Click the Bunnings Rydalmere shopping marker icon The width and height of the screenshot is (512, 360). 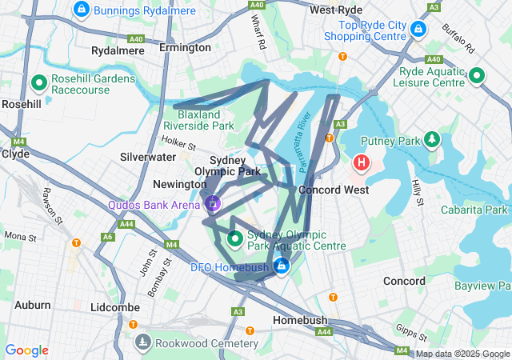click(x=81, y=10)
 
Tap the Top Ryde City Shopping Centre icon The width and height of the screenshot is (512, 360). click(x=417, y=30)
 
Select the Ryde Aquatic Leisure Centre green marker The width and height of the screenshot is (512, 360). click(x=477, y=76)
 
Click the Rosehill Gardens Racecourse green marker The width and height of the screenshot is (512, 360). click(x=38, y=82)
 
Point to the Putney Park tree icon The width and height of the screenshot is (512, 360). click(x=433, y=140)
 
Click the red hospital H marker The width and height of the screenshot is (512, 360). click(x=362, y=163)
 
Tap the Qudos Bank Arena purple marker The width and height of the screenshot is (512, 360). click(x=213, y=203)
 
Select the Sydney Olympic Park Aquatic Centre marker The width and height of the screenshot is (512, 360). click(x=235, y=238)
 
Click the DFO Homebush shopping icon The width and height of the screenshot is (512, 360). click(x=281, y=266)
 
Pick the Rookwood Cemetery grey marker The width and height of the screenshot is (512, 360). click(x=142, y=342)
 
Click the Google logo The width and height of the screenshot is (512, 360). click(x=26, y=350)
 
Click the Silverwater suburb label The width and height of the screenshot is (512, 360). click(x=148, y=158)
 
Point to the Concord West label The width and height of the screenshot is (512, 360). click(x=334, y=190)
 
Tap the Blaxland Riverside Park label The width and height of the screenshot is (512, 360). click(x=198, y=120)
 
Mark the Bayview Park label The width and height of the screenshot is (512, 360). click(x=482, y=286)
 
